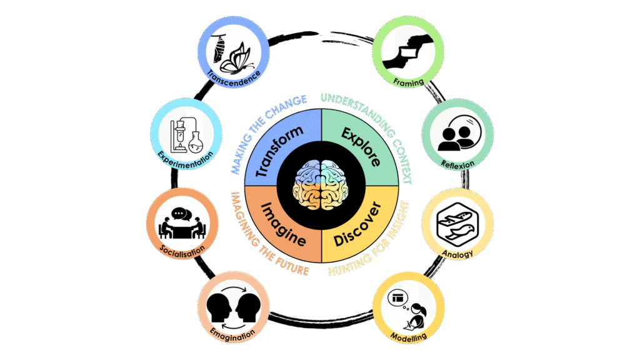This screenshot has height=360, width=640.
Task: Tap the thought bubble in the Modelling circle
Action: point(398,299)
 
